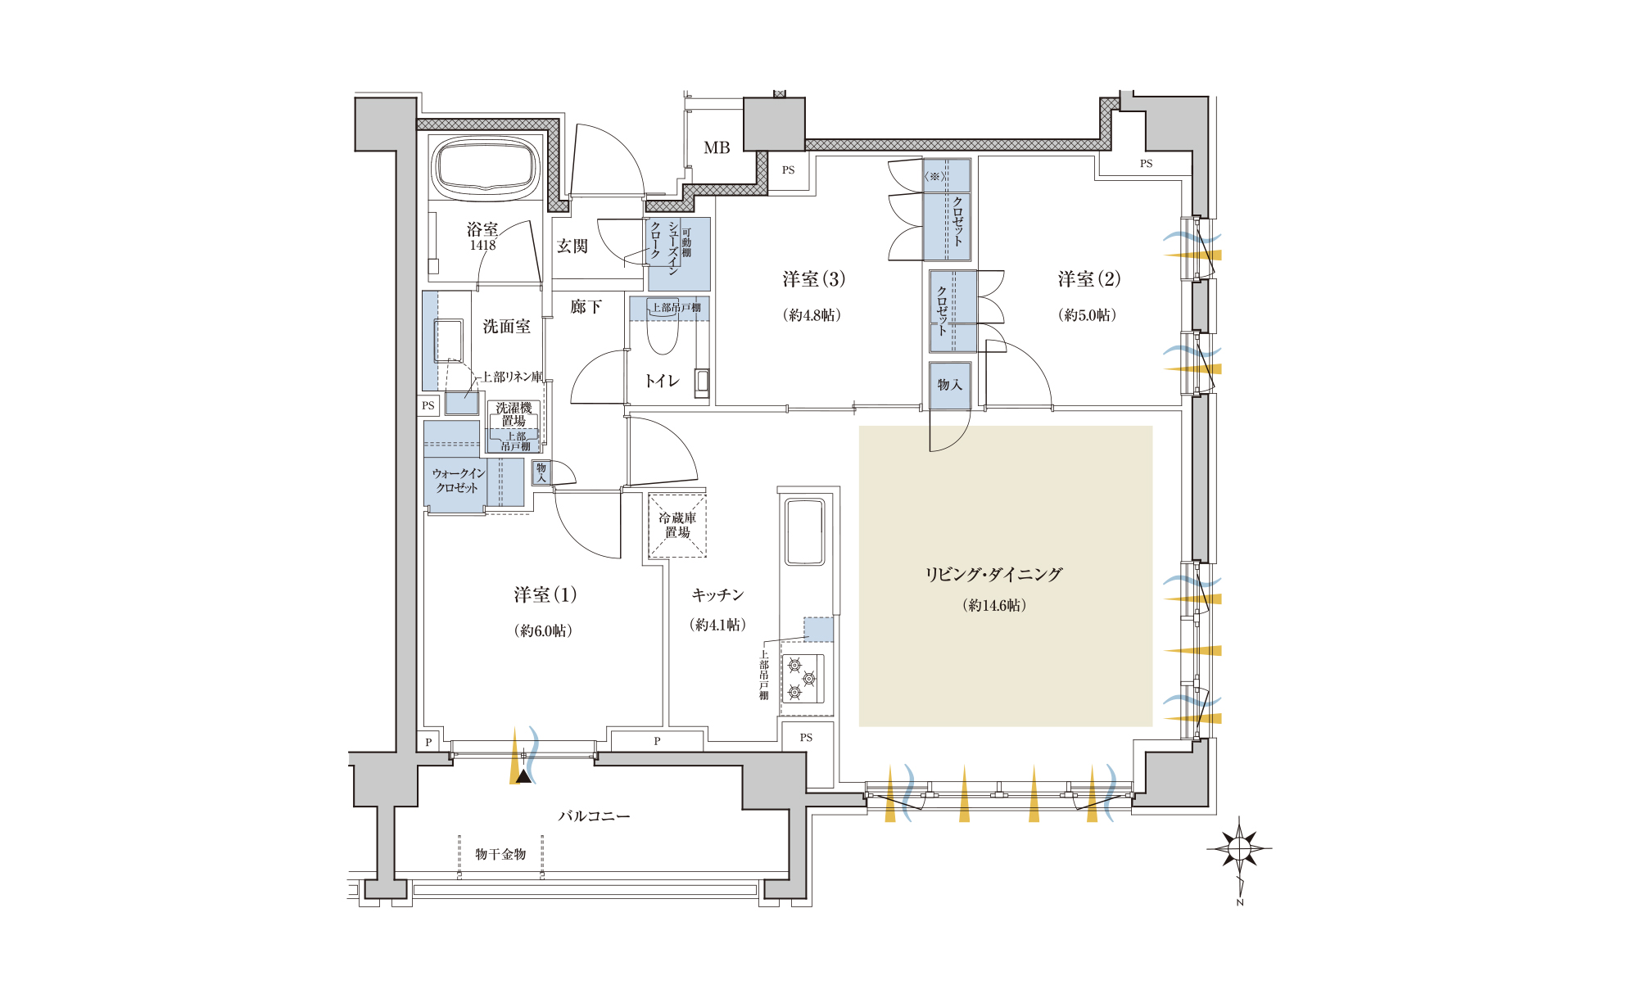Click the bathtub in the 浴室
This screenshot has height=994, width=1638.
click(485, 168)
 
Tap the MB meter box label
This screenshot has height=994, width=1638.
click(717, 148)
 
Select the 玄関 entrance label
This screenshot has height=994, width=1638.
click(572, 246)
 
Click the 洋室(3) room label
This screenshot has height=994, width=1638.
click(813, 279)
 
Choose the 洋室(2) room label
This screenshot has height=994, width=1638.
click(1088, 279)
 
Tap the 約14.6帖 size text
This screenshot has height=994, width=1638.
click(994, 605)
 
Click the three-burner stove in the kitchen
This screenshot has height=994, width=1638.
click(803, 679)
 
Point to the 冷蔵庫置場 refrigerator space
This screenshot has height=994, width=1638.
click(677, 526)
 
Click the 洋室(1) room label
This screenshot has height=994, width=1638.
click(545, 595)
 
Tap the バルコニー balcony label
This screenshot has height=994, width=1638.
click(595, 816)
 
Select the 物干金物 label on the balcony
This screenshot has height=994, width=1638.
click(500, 854)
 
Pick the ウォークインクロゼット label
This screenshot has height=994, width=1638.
click(458, 481)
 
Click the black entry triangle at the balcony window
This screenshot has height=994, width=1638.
click(523, 775)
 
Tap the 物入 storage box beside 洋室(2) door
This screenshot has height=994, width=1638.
click(950, 385)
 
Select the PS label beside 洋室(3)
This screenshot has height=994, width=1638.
click(789, 170)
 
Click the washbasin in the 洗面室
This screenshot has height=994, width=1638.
click(448, 341)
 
